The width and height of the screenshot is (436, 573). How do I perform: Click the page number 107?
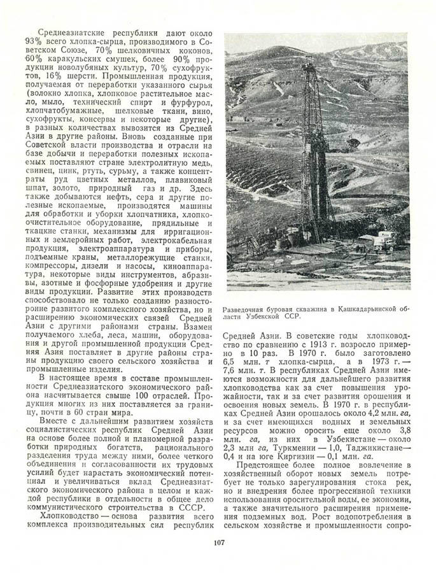[x=217, y=543]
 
